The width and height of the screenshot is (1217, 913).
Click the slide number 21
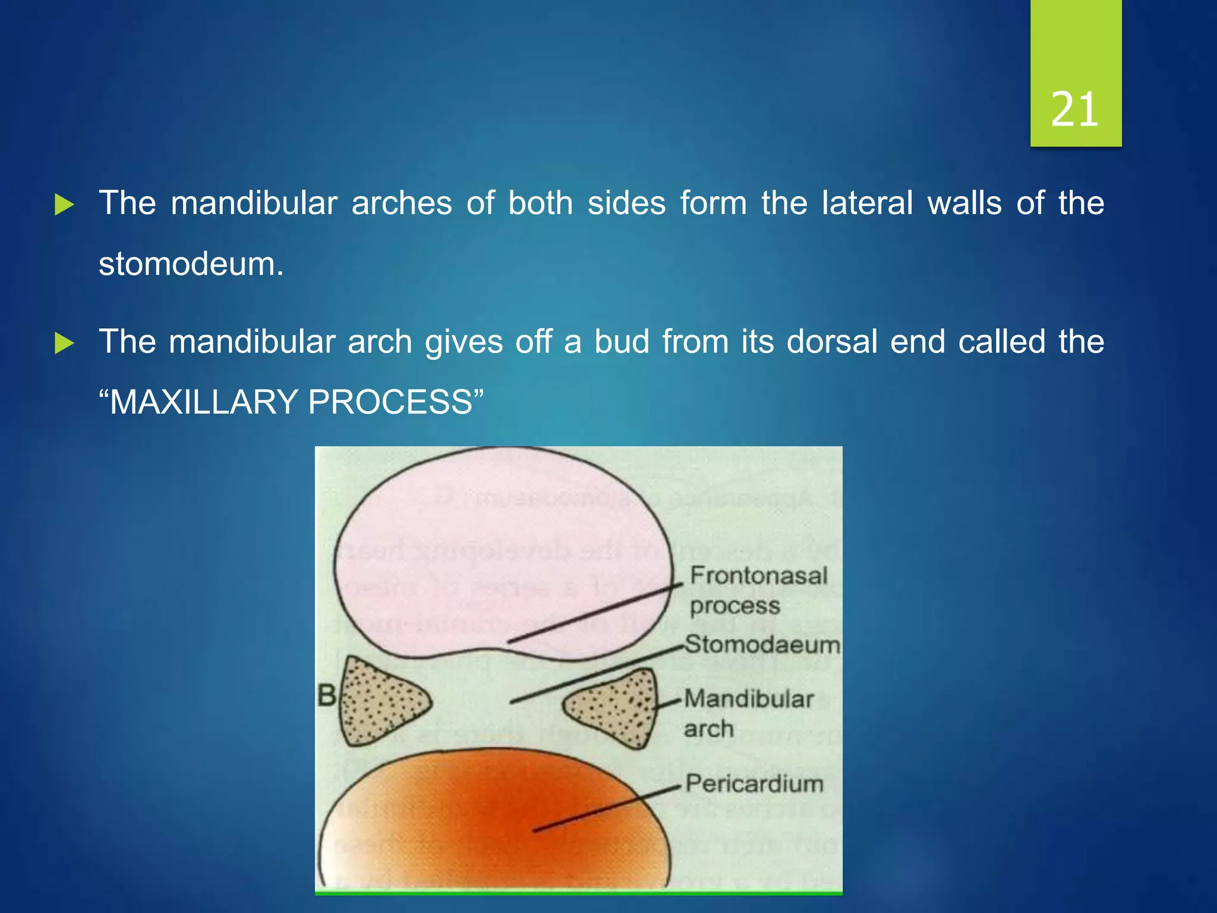[x=1074, y=110]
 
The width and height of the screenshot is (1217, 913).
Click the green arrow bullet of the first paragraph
[x=64, y=205]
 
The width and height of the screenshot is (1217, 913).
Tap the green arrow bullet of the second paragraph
[x=64, y=343]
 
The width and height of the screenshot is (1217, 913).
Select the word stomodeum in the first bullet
[x=191, y=264]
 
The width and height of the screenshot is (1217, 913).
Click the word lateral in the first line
[x=868, y=203]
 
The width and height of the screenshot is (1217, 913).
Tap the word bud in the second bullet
[x=622, y=342]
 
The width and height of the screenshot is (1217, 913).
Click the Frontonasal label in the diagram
[x=758, y=575]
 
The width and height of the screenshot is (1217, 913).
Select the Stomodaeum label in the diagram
[x=762, y=644]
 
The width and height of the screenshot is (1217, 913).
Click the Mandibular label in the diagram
[x=749, y=699]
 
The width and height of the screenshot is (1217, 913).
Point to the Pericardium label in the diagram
[x=755, y=783]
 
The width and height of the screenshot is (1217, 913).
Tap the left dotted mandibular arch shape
[x=380, y=701]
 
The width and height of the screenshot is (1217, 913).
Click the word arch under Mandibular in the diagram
[x=708, y=729]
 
